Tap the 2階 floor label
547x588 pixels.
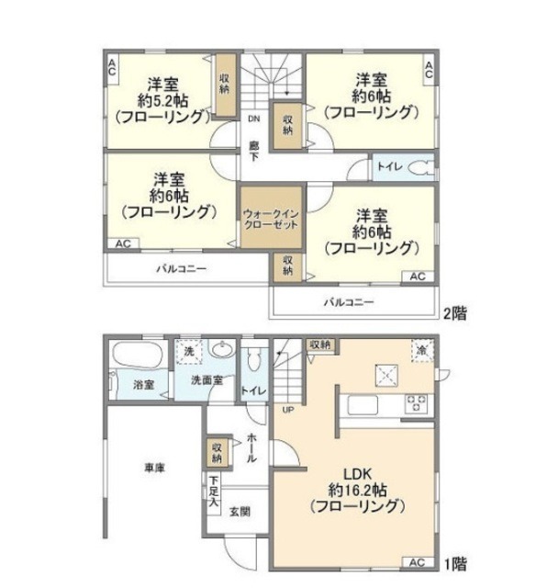coord(454,312)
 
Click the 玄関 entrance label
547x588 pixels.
coord(240,512)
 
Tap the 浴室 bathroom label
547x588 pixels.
coord(141,385)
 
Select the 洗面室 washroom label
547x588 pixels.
coord(208,380)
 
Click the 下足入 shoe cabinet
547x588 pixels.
coord(213,492)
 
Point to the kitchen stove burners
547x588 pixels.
coord(415,401)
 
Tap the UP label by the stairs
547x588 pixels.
coord(286,410)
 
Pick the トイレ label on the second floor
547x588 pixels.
coord(385,168)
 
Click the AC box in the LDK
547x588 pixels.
coord(416,562)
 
